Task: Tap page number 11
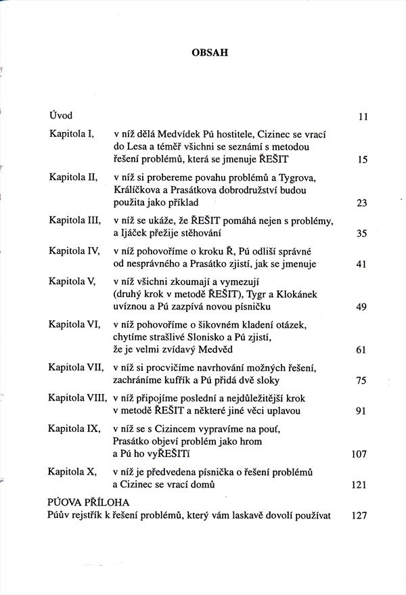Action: click(362, 116)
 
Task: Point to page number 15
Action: click(362, 160)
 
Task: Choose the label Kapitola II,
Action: click(76, 177)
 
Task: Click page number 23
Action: click(362, 203)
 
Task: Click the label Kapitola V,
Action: click(75, 280)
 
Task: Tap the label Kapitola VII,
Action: click(78, 367)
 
